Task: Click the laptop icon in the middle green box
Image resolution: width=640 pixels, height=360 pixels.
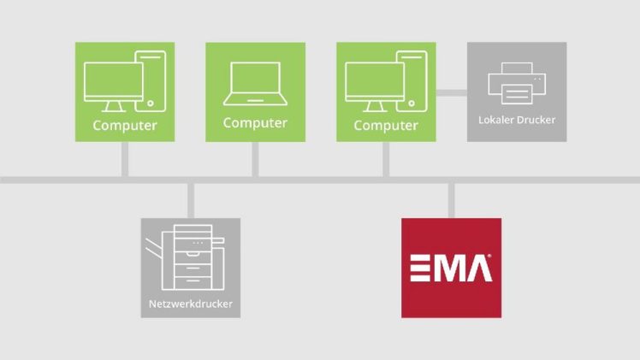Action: pos(255,81)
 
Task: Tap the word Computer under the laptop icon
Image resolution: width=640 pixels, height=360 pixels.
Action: pos(255,122)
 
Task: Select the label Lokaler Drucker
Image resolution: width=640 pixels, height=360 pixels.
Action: pos(517,120)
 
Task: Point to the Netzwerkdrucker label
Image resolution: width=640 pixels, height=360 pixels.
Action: pos(190,304)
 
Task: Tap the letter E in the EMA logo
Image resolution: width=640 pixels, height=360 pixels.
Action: pos(423,268)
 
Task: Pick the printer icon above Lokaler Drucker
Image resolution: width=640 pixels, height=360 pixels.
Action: pos(517,84)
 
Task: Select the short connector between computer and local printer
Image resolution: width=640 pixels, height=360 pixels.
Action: pos(452,91)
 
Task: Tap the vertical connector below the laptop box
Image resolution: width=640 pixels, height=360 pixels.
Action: pos(255,159)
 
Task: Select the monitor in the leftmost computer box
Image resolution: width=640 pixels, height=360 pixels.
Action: pos(113,86)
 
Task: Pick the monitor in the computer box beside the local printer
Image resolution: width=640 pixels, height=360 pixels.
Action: pos(373,86)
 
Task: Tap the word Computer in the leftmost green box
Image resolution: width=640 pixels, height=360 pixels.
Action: pos(125,126)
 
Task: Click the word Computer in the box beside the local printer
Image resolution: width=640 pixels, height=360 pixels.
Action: pos(386,126)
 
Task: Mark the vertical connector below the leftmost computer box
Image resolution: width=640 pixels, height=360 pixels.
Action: pos(125,159)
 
